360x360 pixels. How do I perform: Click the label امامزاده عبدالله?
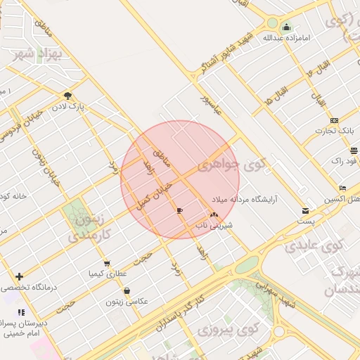(x=286, y=37)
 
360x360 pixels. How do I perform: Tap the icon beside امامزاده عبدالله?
(x=286, y=27)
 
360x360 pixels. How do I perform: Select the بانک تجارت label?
(x=337, y=131)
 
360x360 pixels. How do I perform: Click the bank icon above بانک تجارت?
(x=334, y=120)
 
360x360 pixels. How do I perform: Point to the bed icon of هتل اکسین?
(x=342, y=188)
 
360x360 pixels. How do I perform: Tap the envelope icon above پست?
(x=305, y=210)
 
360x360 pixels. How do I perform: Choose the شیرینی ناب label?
(x=212, y=226)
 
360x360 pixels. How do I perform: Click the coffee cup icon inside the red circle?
(x=180, y=210)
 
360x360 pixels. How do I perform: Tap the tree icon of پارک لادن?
(x=67, y=96)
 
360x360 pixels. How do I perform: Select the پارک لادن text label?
(x=71, y=106)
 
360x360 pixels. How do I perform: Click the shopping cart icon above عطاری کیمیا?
(x=107, y=264)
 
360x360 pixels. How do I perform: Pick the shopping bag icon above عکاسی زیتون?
(x=127, y=291)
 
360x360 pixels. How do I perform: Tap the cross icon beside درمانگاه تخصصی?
(x=19, y=276)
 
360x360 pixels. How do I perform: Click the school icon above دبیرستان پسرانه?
(x=22, y=312)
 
